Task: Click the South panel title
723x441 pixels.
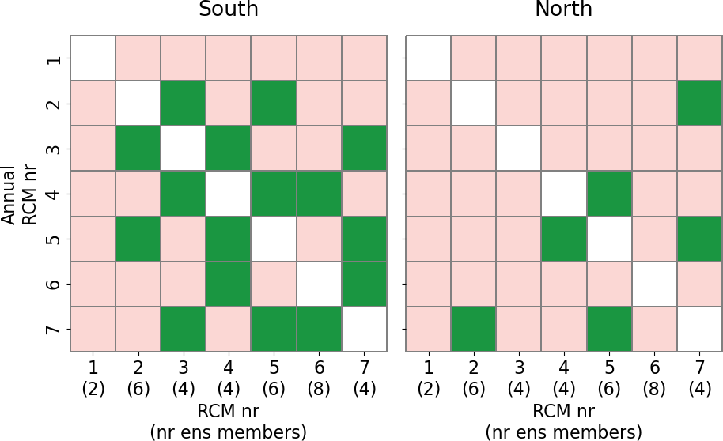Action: [x=228, y=10]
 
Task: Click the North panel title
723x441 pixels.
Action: [x=563, y=10]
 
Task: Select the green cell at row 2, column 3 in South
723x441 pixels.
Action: [x=184, y=104]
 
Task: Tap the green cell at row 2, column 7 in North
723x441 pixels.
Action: [x=700, y=104]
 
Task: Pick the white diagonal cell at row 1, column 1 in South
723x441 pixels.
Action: [x=93, y=58]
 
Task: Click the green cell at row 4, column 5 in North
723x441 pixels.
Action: [x=609, y=194]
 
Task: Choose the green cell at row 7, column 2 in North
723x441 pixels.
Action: [x=474, y=329]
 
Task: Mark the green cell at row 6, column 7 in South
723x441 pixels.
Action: [x=365, y=284]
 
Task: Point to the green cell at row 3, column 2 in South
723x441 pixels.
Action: [x=138, y=149]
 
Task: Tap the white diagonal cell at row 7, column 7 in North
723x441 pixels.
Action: [x=700, y=329]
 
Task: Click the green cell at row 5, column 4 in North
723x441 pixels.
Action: [x=564, y=239]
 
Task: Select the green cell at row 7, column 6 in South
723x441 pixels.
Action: [x=320, y=329]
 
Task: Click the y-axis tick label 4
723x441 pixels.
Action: [x=53, y=194]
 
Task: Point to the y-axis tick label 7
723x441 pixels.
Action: [x=53, y=329]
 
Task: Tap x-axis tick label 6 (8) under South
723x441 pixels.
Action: [x=320, y=378]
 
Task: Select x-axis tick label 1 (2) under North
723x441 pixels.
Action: [x=429, y=378]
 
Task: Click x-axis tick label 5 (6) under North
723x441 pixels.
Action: [x=609, y=378]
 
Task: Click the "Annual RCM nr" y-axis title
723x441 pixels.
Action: [x=18, y=194]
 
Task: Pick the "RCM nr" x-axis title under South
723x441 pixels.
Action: [x=229, y=412]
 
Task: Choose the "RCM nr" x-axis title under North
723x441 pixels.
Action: [x=564, y=412]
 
